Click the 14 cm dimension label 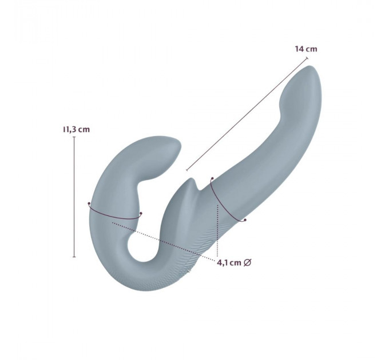(306, 49)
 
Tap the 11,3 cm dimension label (77, 129)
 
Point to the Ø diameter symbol (247, 262)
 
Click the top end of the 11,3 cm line (74, 137)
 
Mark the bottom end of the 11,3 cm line (74, 257)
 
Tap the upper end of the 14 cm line (307, 58)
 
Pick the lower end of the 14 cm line (187, 170)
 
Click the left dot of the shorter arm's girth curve (89, 203)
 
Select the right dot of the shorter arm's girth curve (141, 213)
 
